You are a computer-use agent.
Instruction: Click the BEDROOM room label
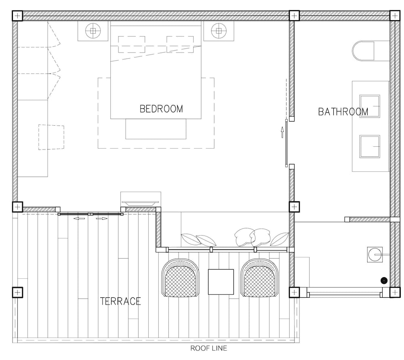161,109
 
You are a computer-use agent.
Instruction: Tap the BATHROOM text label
343,112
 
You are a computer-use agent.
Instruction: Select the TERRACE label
120,301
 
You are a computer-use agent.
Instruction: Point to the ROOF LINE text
208,348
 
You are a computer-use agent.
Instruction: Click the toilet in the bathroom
363,51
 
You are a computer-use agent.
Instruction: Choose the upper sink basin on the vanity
370,106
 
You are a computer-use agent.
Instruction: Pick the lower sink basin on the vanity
370,146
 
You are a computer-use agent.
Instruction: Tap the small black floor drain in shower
384,281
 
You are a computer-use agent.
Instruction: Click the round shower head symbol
375,255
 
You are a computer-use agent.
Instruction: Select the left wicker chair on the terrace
180,278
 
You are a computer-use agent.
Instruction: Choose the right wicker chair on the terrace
260,278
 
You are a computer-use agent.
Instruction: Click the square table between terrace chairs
221,282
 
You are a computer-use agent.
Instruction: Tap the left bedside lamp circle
93,31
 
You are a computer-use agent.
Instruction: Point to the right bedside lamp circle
219,31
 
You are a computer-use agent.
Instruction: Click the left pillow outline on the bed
131,44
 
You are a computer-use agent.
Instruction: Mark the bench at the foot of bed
156,129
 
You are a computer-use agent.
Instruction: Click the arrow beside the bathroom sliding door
282,133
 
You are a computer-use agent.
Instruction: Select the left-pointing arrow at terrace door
79,219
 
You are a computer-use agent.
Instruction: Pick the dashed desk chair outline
51,137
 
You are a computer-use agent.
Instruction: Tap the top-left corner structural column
17,16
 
